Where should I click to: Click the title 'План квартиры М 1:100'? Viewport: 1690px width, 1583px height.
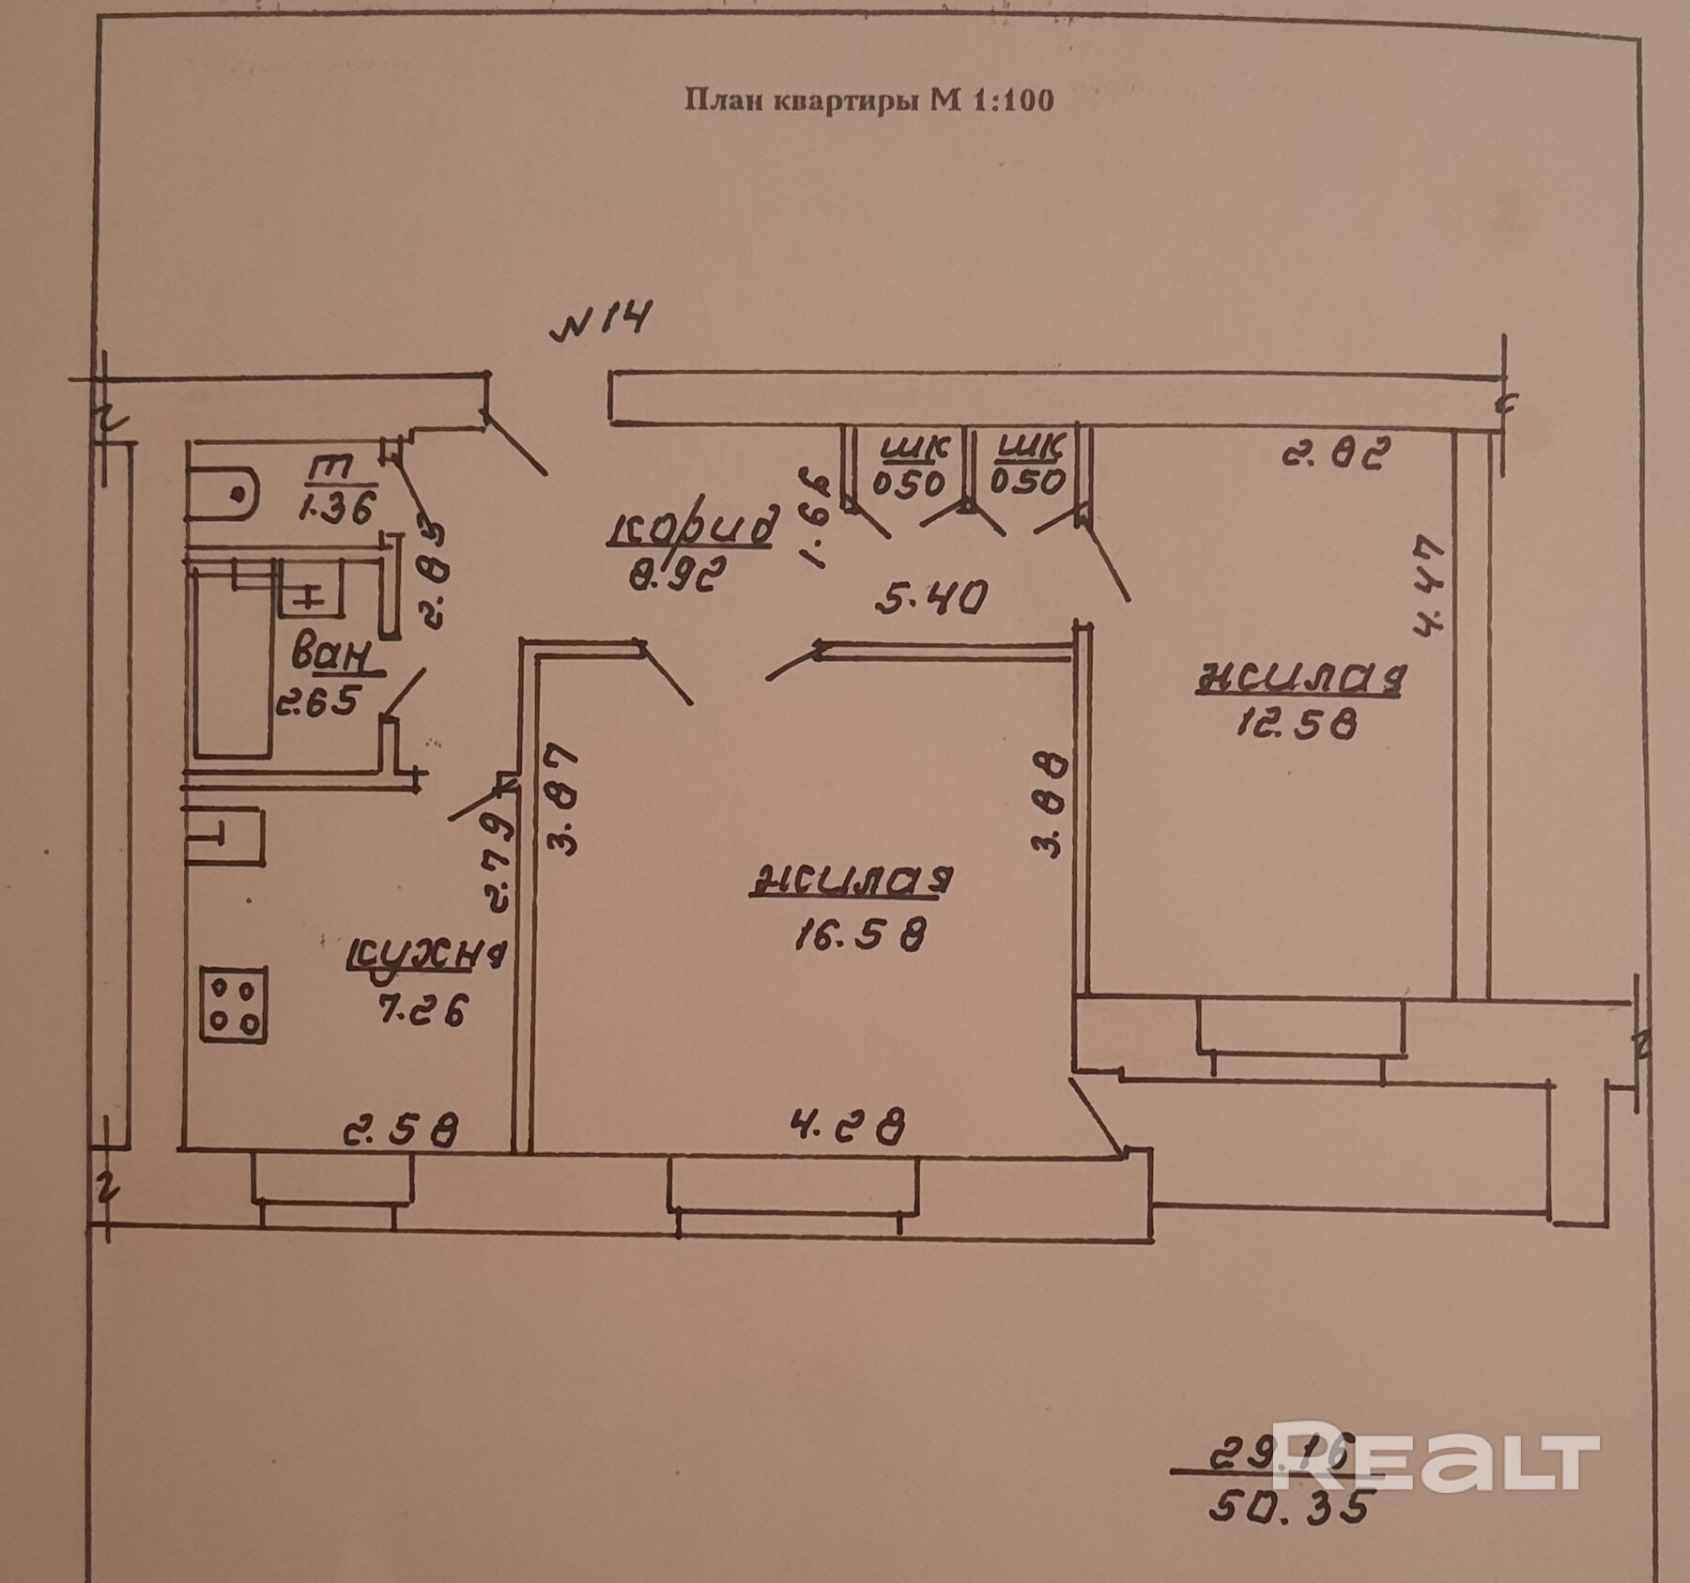pos(868,100)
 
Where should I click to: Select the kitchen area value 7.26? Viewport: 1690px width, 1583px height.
pos(422,1011)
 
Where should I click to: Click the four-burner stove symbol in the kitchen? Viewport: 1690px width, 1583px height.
pos(233,1005)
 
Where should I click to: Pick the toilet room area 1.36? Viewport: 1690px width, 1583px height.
pos(337,507)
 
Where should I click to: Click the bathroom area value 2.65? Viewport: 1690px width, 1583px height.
pos(317,703)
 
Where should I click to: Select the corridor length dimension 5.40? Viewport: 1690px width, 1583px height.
pos(929,597)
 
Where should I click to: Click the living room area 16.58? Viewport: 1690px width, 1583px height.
pos(860,934)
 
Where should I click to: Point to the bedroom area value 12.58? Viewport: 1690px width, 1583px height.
pos(1296,723)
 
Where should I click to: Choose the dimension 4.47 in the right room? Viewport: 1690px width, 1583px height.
pos(1431,586)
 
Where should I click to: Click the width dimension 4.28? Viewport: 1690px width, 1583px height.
pos(849,1126)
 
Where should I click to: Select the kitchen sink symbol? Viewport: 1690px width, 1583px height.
pos(225,836)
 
